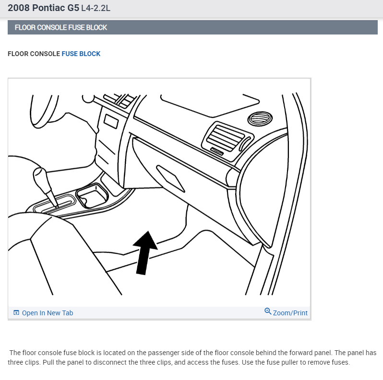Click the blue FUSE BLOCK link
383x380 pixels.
pos(81,54)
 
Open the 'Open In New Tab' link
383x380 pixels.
pos(48,313)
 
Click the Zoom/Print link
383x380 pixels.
pos(290,313)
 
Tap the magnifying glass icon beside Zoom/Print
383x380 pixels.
pos(268,311)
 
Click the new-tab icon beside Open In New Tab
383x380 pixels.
pos(16,313)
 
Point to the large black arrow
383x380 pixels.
pos(145,253)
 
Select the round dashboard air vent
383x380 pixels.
pos(260,119)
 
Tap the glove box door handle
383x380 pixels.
pos(170,178)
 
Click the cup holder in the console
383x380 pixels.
pos(92,196)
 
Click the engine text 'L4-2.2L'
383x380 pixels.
pos(96,8)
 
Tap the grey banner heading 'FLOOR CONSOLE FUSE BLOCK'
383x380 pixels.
pos(61,27)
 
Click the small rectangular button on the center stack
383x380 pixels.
pos(111,121)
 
